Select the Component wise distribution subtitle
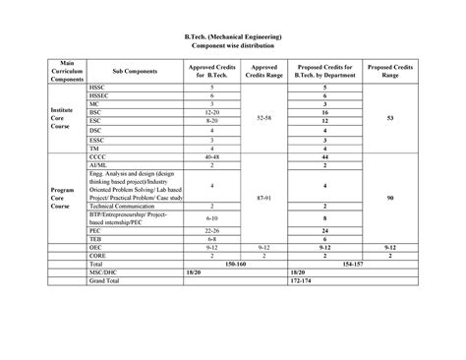point(234,47)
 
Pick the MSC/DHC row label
point(105,272)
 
